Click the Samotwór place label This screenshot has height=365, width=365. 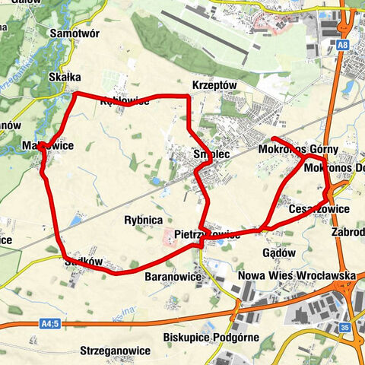pos(75,33)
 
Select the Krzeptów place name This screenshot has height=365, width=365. pos(215,85)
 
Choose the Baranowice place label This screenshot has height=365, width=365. pos(173,277)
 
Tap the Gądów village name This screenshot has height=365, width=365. pos(278,252)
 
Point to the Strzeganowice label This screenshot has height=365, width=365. pos(116,351)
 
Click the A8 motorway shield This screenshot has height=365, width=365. pos(344,46)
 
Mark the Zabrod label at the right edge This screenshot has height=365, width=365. pos(348,232)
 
